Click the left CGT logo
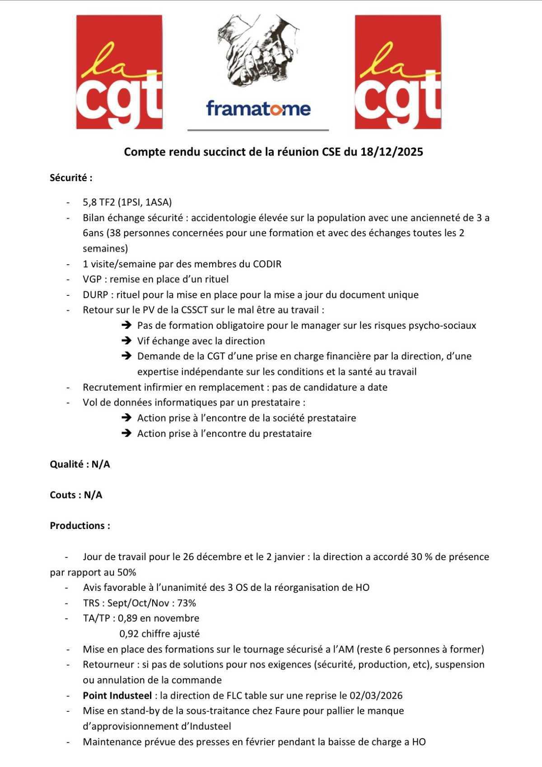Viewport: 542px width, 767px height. click(119, 72)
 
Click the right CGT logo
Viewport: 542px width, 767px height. click(398, 72)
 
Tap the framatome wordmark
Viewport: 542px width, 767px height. click(258, 109)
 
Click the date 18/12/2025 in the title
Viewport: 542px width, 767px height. click(392, 152)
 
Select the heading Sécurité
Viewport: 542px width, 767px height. click(71, 178)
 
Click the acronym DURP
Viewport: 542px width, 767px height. click(95, 295)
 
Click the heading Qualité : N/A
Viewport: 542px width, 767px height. click(80, 464)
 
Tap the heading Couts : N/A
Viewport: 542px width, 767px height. click(76, 495)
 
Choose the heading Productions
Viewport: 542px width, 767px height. click(79, 526)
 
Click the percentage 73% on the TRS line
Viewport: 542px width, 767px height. click(187, 603)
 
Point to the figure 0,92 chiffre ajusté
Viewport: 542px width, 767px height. click(159, 634)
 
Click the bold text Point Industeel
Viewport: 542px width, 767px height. click(117, 696)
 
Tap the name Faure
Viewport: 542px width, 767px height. click(287, 711)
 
